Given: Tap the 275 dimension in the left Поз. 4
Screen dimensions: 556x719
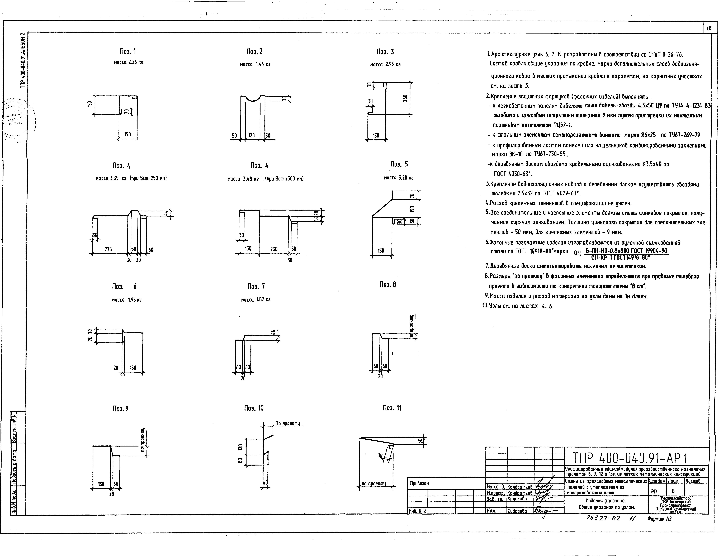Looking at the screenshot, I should click(108, 249).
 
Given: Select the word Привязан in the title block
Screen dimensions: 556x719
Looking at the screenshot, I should click(419, 484).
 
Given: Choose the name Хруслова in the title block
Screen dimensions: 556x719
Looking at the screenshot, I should click(517, 499).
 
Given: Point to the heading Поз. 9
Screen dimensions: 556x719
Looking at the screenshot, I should click(120, 408).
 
